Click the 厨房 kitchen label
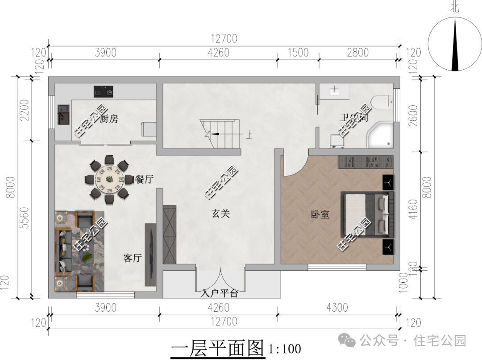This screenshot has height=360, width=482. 109,119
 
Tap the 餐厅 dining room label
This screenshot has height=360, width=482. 145,180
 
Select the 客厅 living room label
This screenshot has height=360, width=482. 132,258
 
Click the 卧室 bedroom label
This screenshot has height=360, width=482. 320,215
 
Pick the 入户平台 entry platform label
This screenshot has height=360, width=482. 220,293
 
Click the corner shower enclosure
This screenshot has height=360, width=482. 382,135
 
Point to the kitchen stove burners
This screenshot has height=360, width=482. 104,92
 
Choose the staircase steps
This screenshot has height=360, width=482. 221,134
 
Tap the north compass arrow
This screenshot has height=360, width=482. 455,45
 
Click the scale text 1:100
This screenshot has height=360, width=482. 284,348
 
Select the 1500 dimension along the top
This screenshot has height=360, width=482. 298,52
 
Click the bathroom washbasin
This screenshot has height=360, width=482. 335,91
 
